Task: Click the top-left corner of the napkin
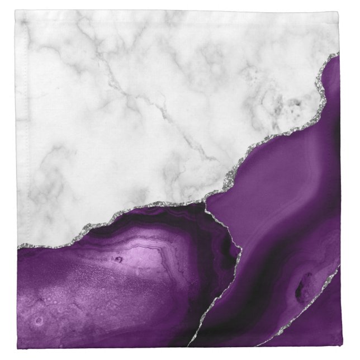(16, 11)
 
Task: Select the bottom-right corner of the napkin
(339, 347)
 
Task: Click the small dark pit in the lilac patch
(118, 259)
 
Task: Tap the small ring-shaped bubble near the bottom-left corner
(38, 321)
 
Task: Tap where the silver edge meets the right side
(338, 55)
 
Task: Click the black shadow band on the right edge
(336, 140)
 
